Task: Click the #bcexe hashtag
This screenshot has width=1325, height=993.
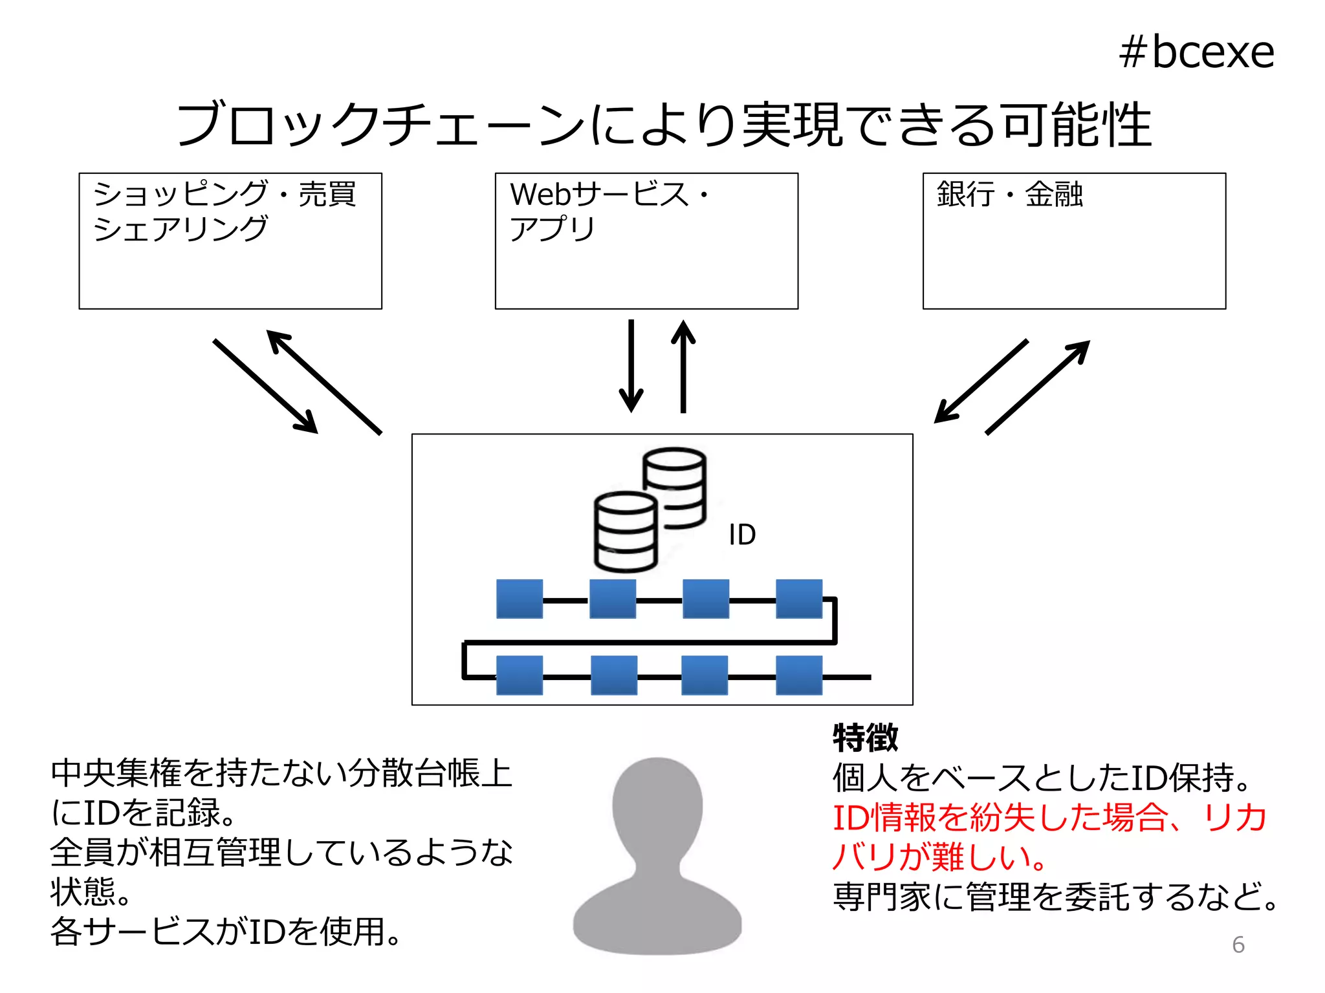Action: [x=1196, y=52]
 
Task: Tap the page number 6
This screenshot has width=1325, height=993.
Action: [x=1238, y=945]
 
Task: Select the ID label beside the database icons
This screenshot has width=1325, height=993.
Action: [x=741, y=535]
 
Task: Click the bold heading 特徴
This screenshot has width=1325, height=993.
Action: [x=865, y=738]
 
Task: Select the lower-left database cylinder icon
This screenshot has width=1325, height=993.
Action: [x=626, y=532]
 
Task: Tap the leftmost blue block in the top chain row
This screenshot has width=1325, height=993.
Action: [x=520, y=599]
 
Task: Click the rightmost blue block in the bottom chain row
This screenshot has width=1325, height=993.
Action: [x=799, y=676]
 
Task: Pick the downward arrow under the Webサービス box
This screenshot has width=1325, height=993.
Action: [x=631, y=366]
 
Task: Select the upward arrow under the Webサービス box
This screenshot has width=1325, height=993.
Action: [x=683, y=366]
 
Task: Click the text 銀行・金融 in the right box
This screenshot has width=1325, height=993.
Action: [x=1009, y=194]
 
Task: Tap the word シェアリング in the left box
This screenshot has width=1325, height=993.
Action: [x=181, y=229]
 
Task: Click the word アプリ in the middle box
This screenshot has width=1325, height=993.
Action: [x=552, y=229]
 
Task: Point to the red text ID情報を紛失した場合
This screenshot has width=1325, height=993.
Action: [x=1000, y=817]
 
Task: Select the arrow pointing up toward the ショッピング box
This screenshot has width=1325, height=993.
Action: [x=324, y=382]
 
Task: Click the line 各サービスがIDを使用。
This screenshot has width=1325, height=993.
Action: [x=226, y=932]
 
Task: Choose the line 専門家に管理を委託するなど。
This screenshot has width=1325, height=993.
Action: [x=1055, y=897]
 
